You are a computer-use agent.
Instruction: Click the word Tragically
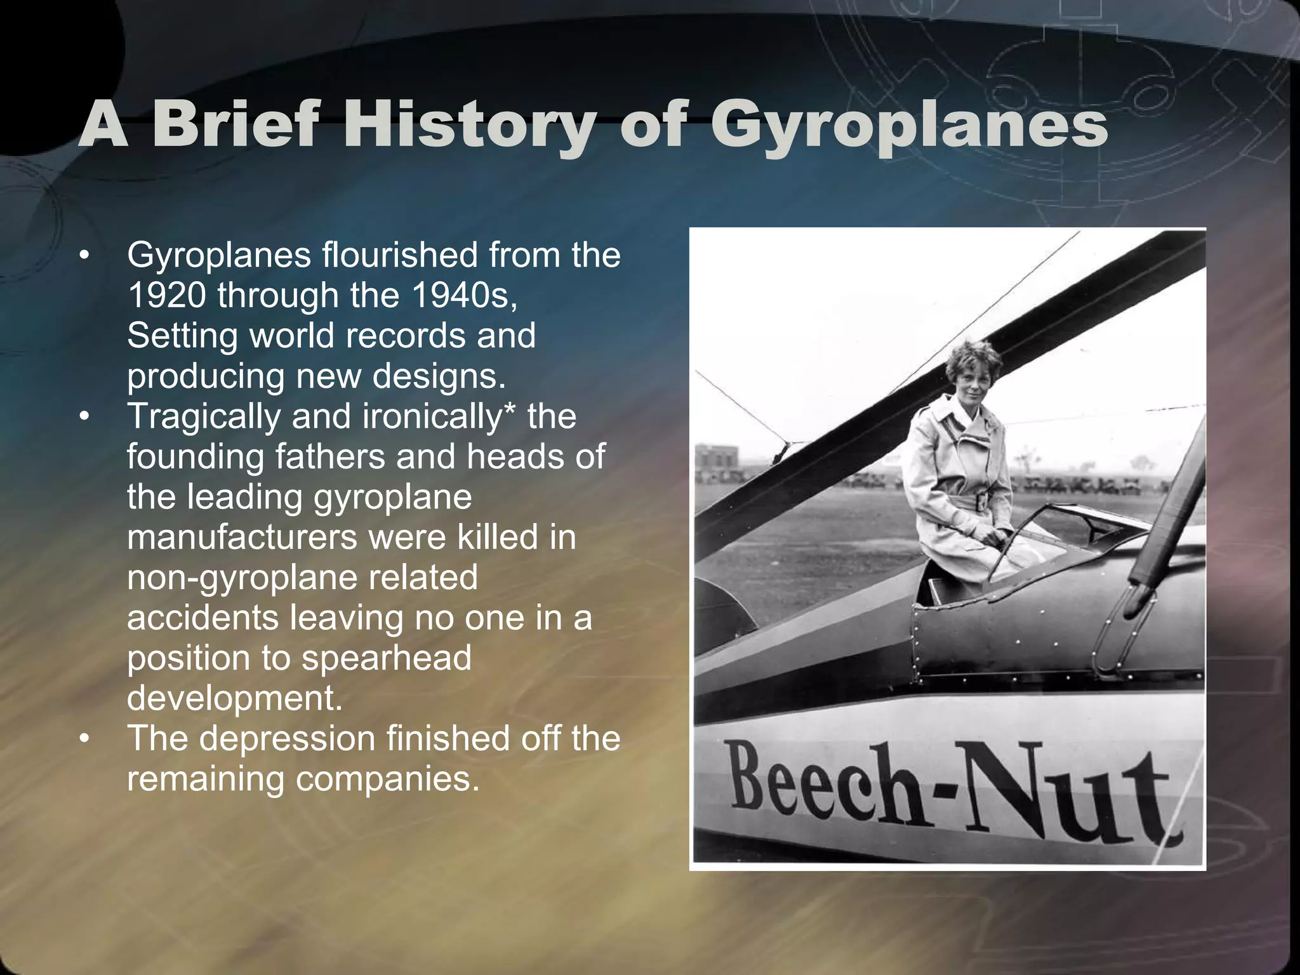[x=203, y=416]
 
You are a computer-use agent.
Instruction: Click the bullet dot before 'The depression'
[x=84, y=740]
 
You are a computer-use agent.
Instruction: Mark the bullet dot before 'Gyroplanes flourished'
[x=84, y=256]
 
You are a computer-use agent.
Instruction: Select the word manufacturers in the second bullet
[x=242, y=537]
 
